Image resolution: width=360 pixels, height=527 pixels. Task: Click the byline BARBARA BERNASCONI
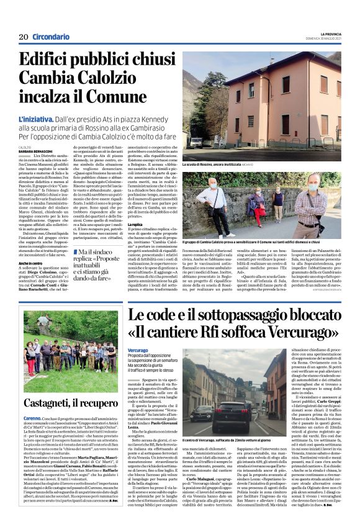tap(35, 150)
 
